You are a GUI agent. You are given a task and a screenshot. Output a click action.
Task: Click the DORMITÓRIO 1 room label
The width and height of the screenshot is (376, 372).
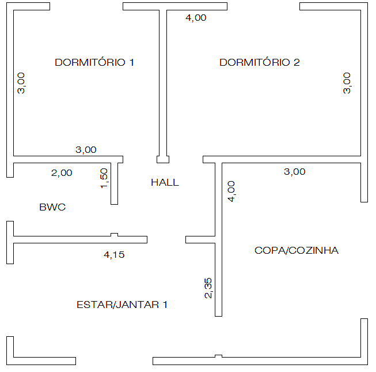[x=94, y=62]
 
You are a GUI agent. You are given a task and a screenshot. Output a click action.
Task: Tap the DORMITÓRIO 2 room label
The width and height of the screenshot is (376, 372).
[x=260, y=62]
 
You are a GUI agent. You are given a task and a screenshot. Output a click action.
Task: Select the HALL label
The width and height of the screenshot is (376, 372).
[x=165, y=182]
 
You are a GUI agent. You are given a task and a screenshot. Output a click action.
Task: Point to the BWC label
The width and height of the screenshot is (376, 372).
[x=52, y=207]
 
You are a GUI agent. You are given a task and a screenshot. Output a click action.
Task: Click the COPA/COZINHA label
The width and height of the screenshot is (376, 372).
[x=297, y=250]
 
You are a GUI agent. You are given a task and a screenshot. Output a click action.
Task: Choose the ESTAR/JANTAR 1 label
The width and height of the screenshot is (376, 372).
[x=122, y=305]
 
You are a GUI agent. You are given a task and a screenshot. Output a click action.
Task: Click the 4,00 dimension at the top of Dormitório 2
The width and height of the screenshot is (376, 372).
[x=196, y=18]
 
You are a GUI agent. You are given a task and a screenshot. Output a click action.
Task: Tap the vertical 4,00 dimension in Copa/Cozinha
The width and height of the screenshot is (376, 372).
[x=231, y=191]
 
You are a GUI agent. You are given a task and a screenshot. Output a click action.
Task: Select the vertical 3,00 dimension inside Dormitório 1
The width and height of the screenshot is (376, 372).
[x=21, y=83]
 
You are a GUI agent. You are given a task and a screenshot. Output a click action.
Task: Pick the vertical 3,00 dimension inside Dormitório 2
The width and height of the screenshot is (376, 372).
[x=347, y=83]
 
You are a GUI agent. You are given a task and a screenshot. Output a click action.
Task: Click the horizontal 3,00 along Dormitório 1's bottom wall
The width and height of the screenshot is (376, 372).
[x=86, y=150]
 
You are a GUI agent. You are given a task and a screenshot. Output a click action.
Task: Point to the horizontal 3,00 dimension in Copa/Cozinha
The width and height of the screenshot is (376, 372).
[x=294, y=172]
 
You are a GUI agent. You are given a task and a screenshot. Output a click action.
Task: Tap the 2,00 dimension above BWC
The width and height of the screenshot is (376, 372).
[x=62, y=173]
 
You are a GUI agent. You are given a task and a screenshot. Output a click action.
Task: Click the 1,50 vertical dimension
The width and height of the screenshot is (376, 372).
[x=104, y=178]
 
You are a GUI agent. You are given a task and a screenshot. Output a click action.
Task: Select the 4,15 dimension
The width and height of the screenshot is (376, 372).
[x=114, y=255]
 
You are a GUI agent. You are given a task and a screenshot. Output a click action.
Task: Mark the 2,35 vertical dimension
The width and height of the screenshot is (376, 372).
[x=208, y=288]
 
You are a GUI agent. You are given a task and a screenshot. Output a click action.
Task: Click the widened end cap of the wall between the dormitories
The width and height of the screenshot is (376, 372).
[x=163, y=159]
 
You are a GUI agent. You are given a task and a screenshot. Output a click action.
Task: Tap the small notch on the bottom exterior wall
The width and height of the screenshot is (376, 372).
[x=218, y=356]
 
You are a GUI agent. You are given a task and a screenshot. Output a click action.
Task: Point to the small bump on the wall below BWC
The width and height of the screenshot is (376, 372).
[x=115, y=235]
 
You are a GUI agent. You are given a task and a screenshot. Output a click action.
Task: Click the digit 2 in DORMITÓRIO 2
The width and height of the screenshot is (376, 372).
[x=297, y=62]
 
